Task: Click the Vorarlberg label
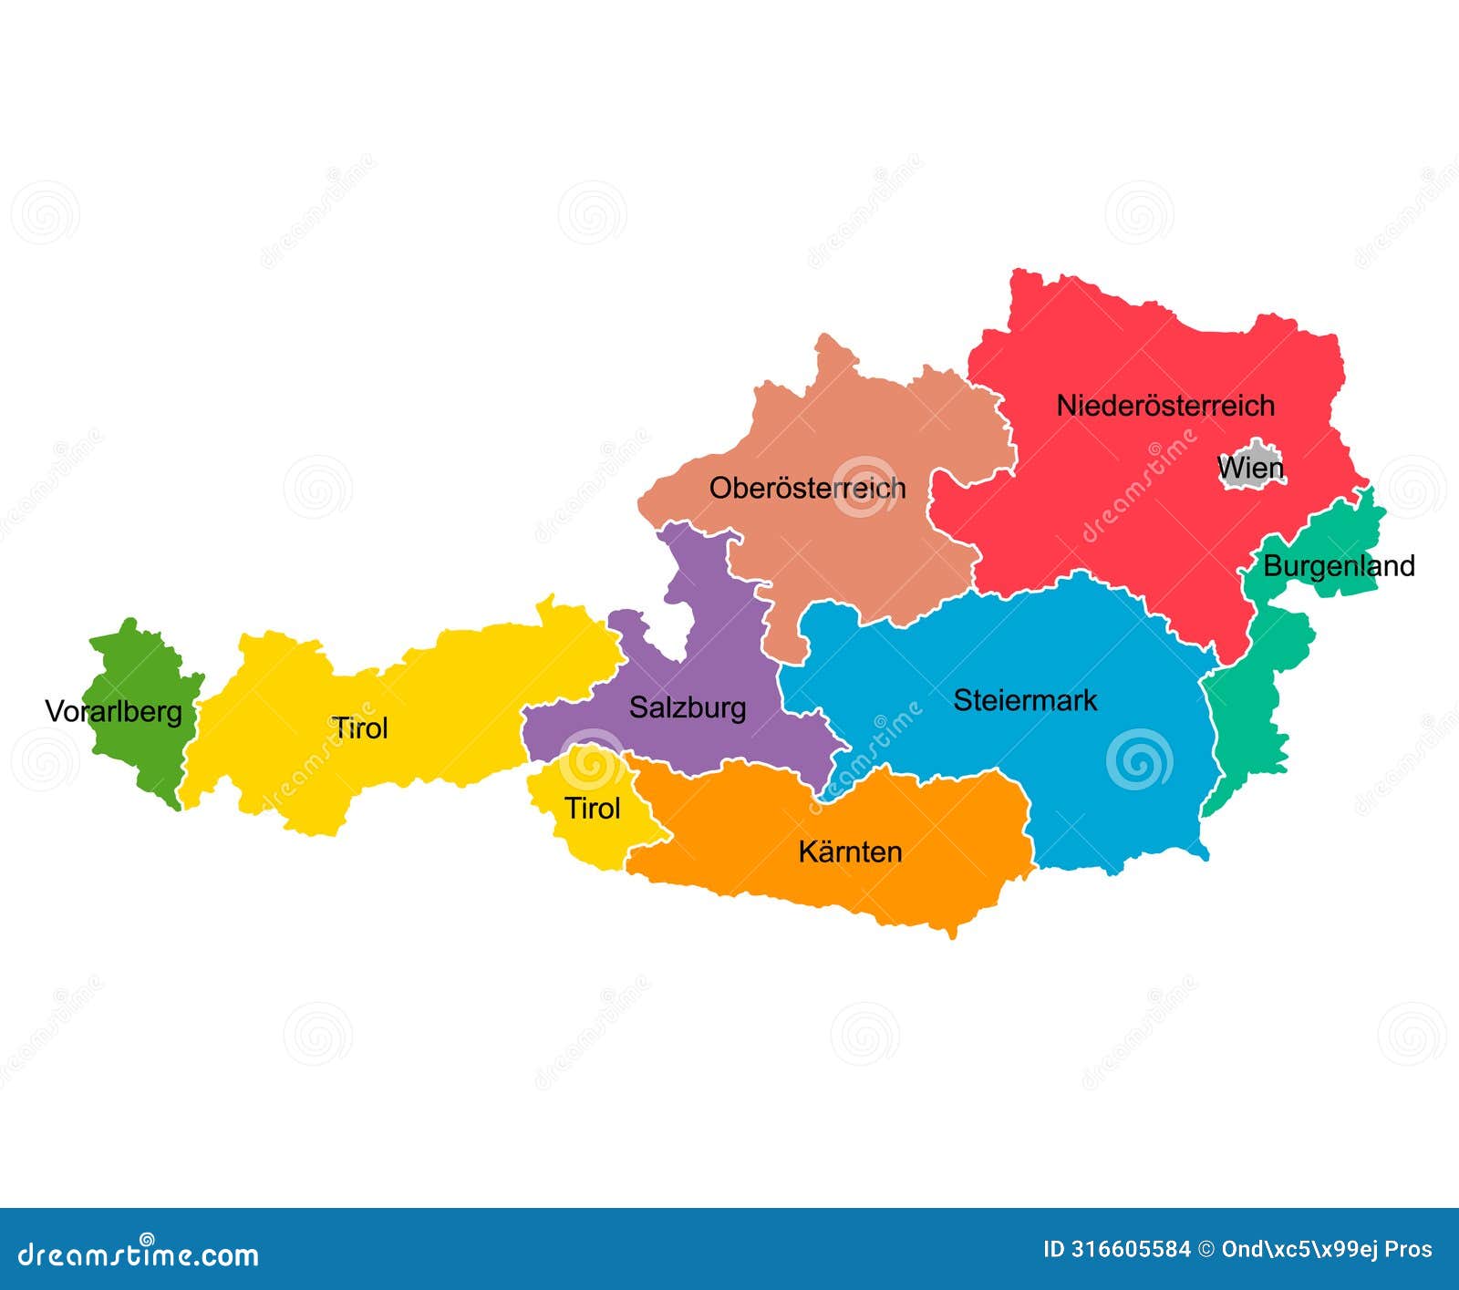[114, 711]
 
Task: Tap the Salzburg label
[688, 707]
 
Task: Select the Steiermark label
[1025, 700]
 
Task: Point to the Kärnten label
[850, 851]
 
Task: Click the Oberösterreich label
[807, 488]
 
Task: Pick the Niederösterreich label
[1165, 406]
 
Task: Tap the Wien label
[1250, 469]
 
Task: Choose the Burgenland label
[1339, 566]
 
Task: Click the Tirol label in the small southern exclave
[592, 808]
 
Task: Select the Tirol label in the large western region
[359, 728]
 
